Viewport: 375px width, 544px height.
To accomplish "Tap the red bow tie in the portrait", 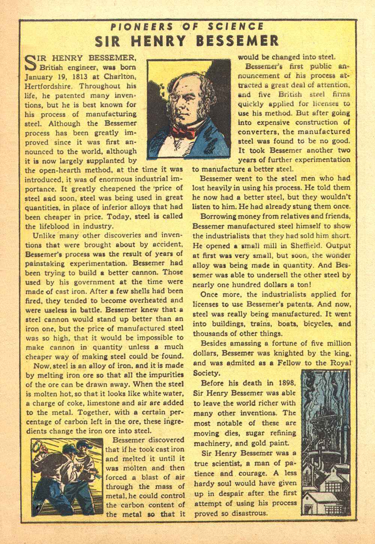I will point(184,131).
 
